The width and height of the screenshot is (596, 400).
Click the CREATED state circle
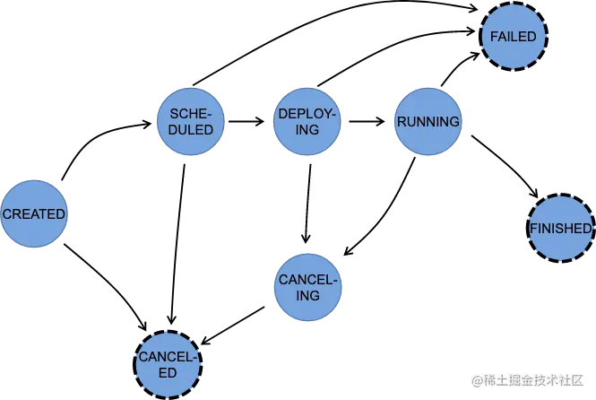click(33, 214)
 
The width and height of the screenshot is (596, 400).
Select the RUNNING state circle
click(428, 122)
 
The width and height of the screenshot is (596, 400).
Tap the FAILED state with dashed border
click(514, 37)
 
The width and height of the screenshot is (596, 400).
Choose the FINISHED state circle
click(560, 229)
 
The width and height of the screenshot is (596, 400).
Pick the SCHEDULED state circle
click(190, 122)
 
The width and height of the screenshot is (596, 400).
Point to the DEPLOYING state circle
click(307, 122)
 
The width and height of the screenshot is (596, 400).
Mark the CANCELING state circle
click(307, 289)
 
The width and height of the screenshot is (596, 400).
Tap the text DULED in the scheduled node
click(190, 130)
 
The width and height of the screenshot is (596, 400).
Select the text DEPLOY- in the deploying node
click(307, 115)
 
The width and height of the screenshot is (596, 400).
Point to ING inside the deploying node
click(307, 130)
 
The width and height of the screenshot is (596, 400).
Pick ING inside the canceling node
click(307, 297)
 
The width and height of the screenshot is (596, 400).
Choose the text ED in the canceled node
click(167, 372)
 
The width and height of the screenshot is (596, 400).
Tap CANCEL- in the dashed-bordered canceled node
click(167, 357)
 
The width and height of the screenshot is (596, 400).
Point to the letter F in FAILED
click(493, 37)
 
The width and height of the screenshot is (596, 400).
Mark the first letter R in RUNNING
click(401, 122)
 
